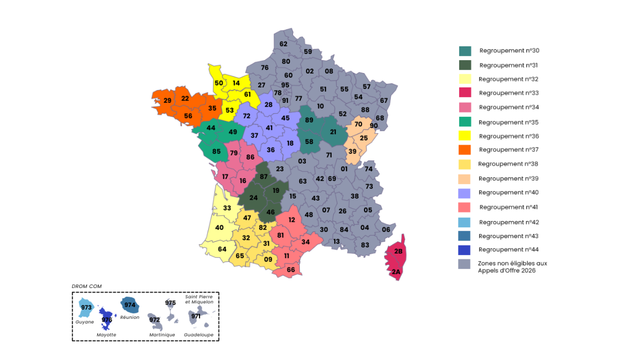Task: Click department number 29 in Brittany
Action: point(167,100)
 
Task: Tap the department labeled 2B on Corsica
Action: point(398,251)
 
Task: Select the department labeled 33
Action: point(227,208)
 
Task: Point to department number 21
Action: point(333,132)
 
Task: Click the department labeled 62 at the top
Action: point(283,44)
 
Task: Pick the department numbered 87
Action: point(264,176)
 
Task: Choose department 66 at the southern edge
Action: point(291,270)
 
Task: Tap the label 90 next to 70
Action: point(374,126)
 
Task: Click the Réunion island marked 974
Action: point(130,305)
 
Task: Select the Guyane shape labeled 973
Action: point(86,307)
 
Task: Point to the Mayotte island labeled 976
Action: point(107,319)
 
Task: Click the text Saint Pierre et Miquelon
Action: point(199,299)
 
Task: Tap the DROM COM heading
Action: point(86,286)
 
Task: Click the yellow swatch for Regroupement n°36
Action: point(464,136)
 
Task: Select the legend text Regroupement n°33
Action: point(509,93)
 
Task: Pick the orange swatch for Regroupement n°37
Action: point(464,150)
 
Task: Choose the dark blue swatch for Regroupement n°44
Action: point(464,250)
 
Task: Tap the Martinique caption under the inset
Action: point(162,335)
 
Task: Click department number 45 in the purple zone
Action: point(285,118)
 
